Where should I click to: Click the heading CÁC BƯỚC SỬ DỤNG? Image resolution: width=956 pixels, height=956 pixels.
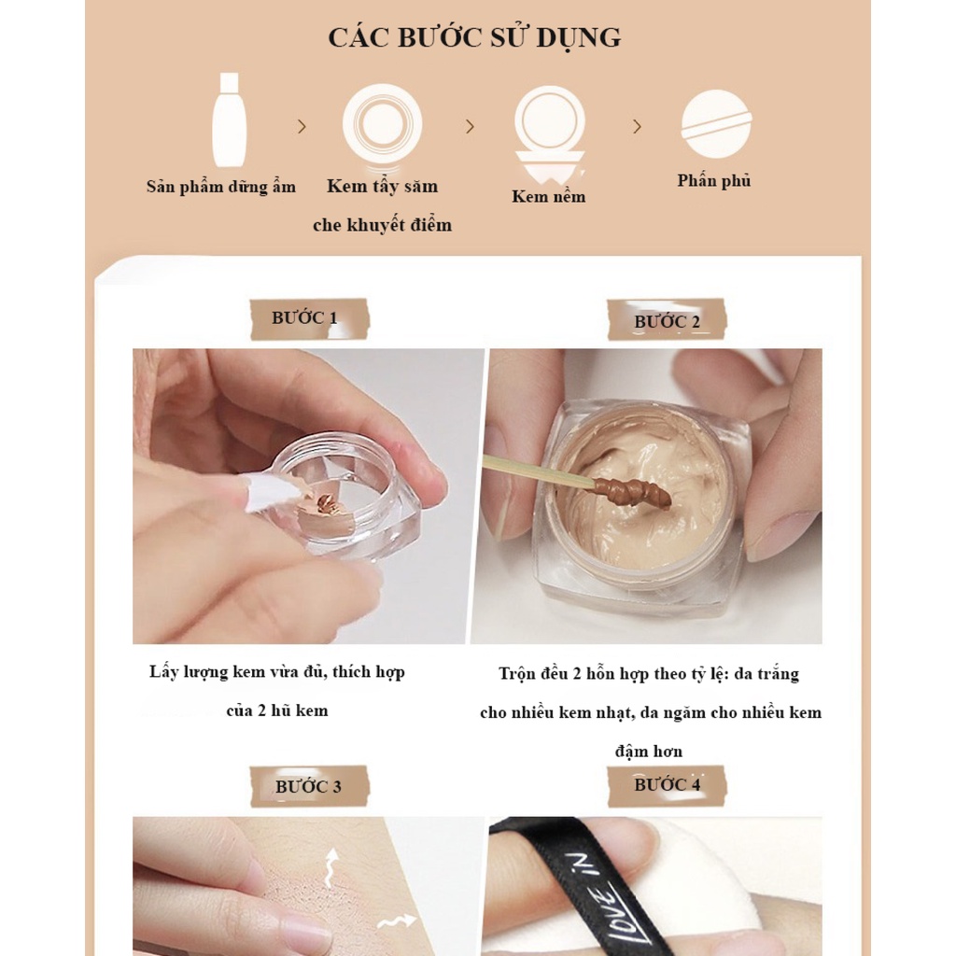point(474,37)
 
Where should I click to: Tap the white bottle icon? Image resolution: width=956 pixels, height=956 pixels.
point(230,120)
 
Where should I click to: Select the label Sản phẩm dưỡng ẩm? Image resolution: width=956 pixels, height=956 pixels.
point(220,187)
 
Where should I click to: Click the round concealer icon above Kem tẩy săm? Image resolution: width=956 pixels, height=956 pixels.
point(382,123)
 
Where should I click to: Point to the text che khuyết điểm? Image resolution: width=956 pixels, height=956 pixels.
point(382,225)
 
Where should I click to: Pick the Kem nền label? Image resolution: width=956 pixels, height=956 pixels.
point(549,196)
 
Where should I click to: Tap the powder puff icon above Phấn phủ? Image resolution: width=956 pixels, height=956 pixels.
point(716,124)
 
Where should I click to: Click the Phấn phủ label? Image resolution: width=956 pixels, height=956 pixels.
point(714,180)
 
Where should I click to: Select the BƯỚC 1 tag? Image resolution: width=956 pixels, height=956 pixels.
point(310,319)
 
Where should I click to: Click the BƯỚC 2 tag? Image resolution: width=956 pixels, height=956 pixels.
point(667,320)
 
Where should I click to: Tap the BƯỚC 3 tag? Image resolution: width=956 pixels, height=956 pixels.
point(309,786)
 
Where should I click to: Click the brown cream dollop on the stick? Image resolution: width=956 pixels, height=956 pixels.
point(633,491)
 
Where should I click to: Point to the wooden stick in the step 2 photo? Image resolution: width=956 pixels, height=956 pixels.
point(539,471)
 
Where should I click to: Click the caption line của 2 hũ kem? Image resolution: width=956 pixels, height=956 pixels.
point(276,710)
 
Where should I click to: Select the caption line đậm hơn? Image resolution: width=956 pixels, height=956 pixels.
point(649,752)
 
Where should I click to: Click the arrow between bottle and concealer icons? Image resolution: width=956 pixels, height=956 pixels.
point(302,126)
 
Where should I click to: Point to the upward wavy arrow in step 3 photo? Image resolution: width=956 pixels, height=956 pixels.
point(331,866)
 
